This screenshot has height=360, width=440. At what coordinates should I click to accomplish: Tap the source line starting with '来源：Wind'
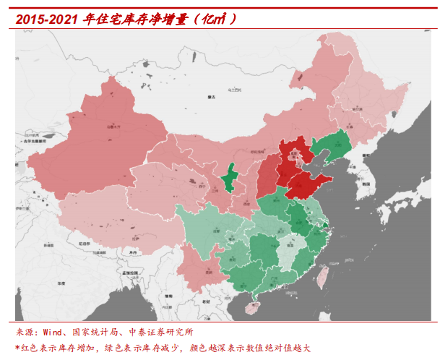pyautogui.click(x=105, y=333)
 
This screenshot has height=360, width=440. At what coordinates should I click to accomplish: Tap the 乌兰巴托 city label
pyautogui.click(x=233, y=89)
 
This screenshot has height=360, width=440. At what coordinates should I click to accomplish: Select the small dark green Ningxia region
pyautogui.click(x=230, y=179)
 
